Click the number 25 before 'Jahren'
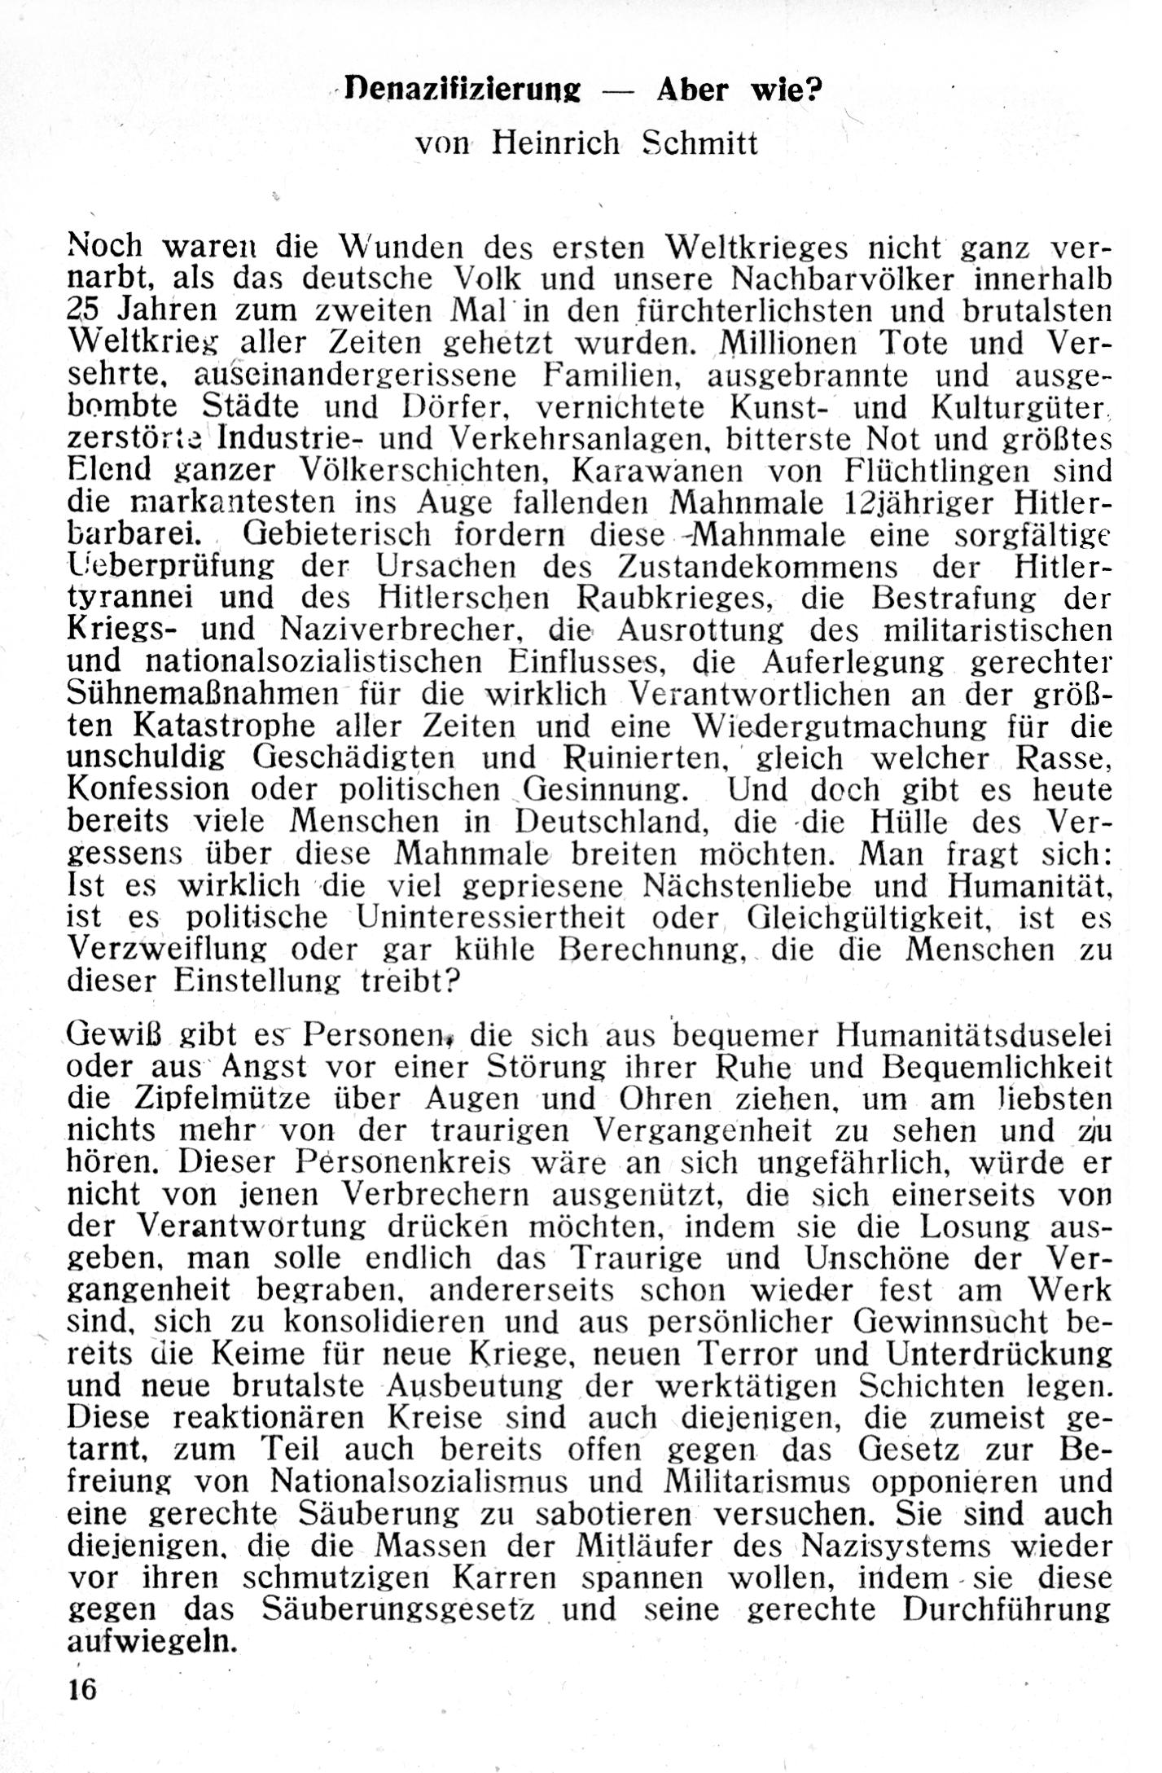(82, 310)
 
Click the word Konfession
(149, 789)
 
